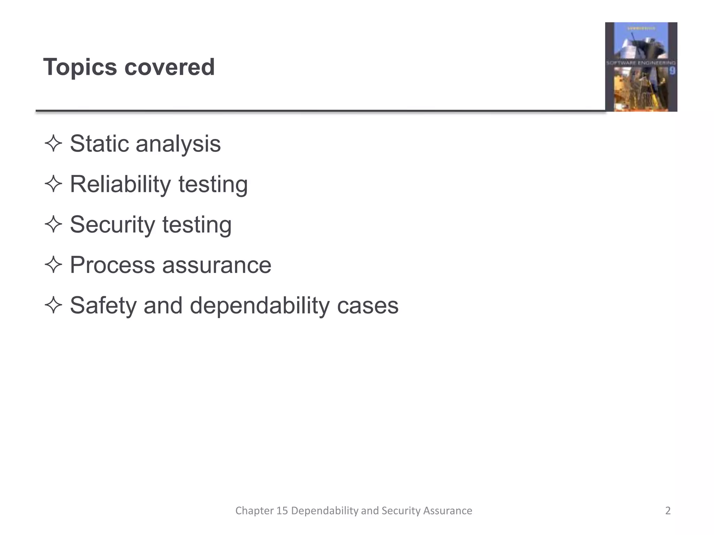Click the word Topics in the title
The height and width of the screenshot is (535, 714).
coord(80,67)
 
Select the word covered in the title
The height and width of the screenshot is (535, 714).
coord(169,67)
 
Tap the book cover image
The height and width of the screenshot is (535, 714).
coord(641,67)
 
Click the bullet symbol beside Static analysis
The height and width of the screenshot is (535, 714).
coord(53,144)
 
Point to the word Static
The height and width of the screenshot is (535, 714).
coord(99,144)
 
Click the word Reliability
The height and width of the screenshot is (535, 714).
coord(121,184)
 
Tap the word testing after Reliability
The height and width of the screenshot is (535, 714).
coord(213,184)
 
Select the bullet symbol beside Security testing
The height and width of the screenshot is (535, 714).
coord(53,224)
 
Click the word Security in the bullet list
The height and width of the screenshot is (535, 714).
coord(112,225)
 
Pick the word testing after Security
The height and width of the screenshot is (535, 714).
coord(197,225)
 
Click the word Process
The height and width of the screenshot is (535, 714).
coord(112,265)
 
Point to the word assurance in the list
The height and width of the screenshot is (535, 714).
coord(217,265)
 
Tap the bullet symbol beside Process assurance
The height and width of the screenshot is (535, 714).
coord(53,265)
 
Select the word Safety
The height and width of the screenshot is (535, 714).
coord(103,306)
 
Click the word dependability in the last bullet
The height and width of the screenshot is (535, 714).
coord(259,306)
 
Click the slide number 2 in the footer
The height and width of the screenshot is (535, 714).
coord(668,511)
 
